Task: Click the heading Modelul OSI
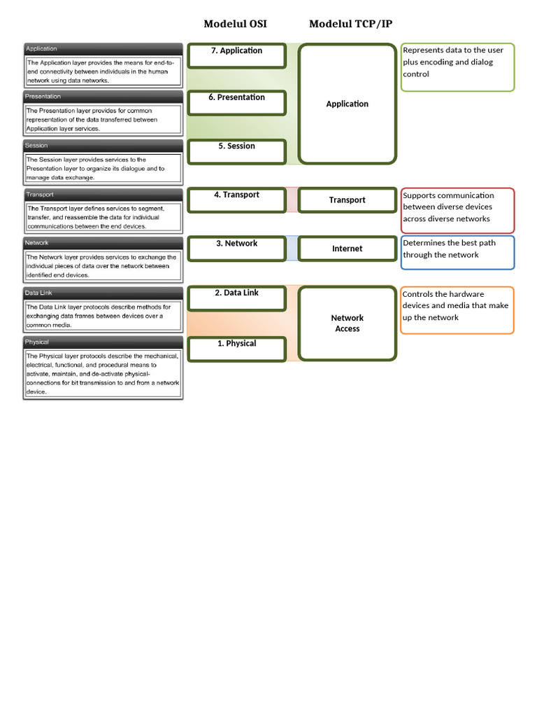(x=235, y=25)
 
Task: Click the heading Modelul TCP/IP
(x=350, y=25)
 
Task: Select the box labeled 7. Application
(x=237, y=55)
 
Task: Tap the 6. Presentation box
(x=237, y=102)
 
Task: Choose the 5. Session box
(x=237, y=151)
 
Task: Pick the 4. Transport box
(x=237, y=200)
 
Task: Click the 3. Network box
(x=237, y=249)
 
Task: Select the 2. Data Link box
(x=237, y=298)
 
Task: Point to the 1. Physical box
(x=237, y=348)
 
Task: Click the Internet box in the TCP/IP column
(x=348, y=249)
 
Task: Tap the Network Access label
(x=348, y=323)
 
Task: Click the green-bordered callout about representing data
(x=458, y=67)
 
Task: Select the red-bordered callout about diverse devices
(x=458, y=210)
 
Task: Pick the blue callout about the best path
(x=458, y=252)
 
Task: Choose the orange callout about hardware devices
(x=458, y=309)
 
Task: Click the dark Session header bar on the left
(x=103, y=146)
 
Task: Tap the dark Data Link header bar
(x=103, y=293)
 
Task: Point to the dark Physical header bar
(x=103, y=342)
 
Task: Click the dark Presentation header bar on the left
(x=103, y=97)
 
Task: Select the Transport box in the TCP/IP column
(x=348, y=200)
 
